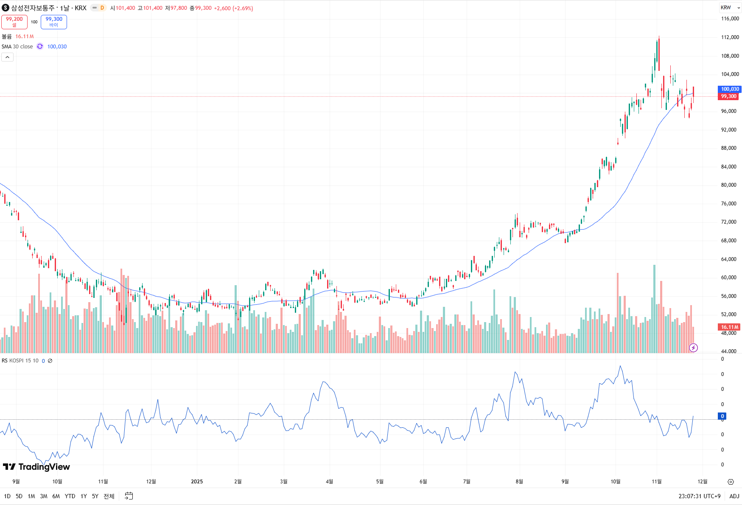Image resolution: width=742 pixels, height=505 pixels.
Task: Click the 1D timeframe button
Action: point(7,496)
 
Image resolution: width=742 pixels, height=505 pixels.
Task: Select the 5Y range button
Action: point(95,496)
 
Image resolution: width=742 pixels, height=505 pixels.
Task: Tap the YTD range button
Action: point(70,496)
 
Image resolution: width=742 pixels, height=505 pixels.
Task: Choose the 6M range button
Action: point(56,496)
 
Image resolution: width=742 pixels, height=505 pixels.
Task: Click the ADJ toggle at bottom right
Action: point(734,496)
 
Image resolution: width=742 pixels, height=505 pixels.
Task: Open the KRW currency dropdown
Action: point(730,8)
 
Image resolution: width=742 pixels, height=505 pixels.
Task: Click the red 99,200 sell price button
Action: point(14,22)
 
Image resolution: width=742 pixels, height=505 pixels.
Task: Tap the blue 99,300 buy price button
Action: point(54,22)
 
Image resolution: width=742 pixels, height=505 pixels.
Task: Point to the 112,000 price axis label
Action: point(730,37)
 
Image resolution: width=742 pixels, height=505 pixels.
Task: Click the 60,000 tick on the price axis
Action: point(728,278)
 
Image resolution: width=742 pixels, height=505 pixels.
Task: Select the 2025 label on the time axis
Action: point(197,482)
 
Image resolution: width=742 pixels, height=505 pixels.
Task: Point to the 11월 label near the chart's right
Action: point(656,482)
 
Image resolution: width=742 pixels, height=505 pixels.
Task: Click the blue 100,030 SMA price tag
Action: point(730,89)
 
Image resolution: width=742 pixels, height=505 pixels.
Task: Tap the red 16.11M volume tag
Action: point(729,327)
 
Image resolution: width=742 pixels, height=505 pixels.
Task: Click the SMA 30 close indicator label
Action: point(17,47)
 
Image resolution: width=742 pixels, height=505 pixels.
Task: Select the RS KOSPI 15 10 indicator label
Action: point(20,361)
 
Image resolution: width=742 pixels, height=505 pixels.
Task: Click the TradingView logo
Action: point(36,467)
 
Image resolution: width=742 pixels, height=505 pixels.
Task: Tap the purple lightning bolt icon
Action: point(693,348)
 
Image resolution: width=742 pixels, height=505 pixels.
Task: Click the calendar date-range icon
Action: point(129,496)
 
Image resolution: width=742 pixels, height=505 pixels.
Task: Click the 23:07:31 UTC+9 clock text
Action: point(699,496)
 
